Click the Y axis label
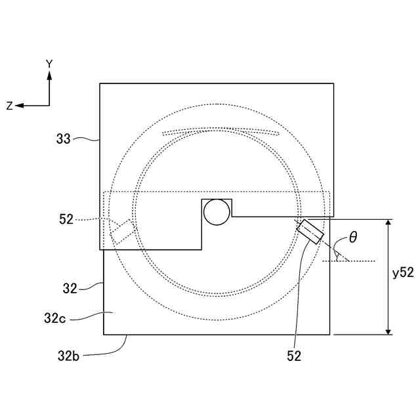pos(49,64)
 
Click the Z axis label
pos(9,106)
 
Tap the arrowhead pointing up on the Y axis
pos(49,75)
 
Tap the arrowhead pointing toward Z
pos(19,106)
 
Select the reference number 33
pos(63,138)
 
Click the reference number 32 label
pos(70,289)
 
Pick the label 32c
pos(55,318)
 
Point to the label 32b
pos(68,356)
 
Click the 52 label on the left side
pos(66,219)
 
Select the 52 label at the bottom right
pos(294,356)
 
